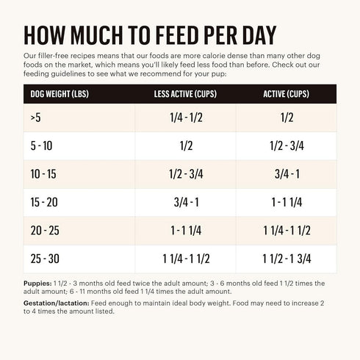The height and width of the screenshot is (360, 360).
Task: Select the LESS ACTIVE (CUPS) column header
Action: pos(186,94)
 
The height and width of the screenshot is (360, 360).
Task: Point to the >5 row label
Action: pos(36,117)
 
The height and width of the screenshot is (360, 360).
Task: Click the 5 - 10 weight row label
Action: pos(41,145)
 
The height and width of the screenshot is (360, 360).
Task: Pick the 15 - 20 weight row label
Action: pos(44,202)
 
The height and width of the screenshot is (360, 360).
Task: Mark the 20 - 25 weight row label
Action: pos(44,231)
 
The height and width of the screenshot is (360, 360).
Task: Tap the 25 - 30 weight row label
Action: pos(44,259)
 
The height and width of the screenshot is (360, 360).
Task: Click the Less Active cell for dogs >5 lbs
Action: pos(186,117)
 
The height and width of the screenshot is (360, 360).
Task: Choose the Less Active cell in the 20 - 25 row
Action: pos(186,231)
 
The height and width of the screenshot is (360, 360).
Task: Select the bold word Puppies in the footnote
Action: pos(37,283)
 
